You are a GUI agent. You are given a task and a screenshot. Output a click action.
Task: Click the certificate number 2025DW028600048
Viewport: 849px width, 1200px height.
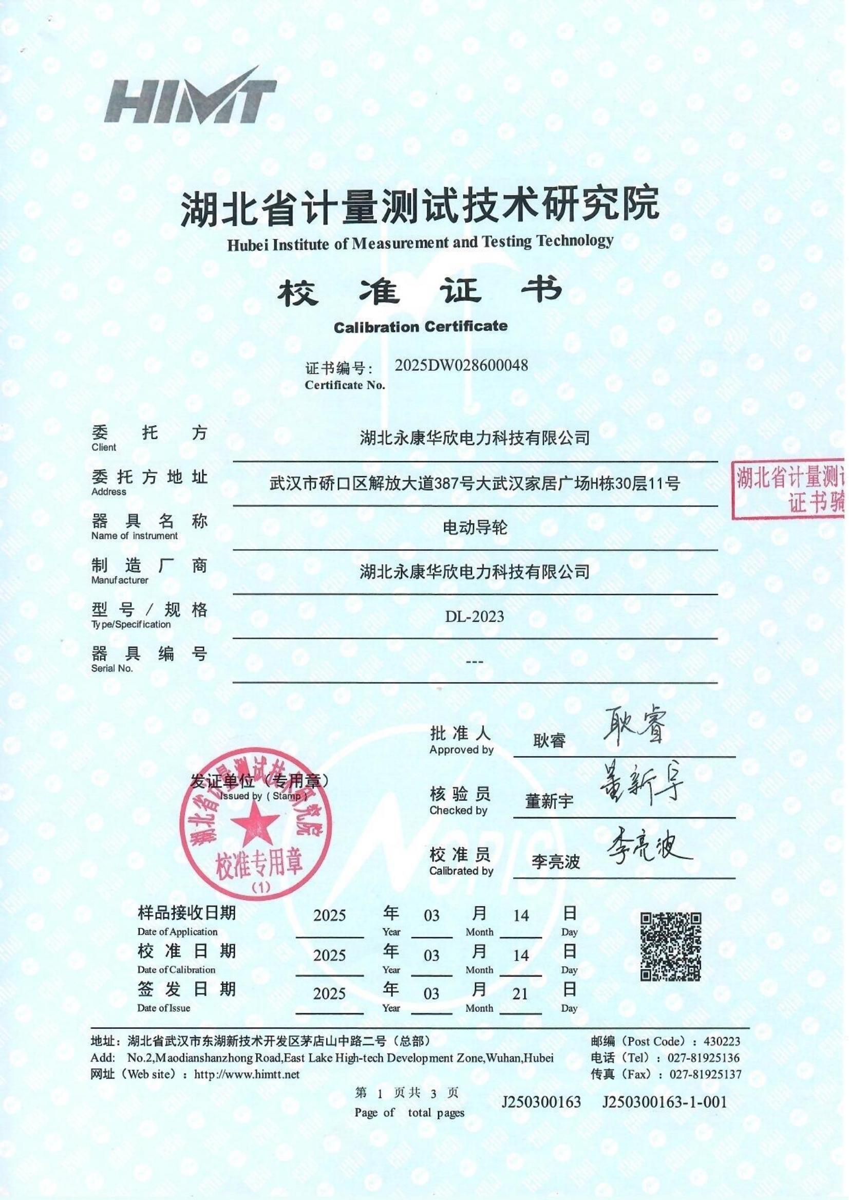pyautogui.click(x=461, y=365)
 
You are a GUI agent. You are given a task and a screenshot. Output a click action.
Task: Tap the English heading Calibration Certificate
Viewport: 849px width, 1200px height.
pyautogui.click(x=420, y=327)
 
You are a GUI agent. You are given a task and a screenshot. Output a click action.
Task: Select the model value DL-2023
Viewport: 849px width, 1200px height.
pyautogui.click(x=474, y=616)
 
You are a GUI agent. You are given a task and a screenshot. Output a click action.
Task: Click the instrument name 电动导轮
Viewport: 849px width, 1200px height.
pyautogui.click(x=475, y=528)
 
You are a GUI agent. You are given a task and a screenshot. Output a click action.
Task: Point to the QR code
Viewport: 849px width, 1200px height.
pyautogui.click(x=671, y=947)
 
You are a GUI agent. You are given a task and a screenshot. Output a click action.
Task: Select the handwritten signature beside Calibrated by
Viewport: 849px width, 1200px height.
pyautogui.click(x=648, y=846)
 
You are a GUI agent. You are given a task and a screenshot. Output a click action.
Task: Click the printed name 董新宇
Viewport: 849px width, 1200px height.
pyautogui.click(x=549, y=801)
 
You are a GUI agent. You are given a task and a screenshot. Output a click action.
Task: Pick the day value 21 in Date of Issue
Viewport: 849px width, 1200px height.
pyautogui.click(x=520, y=994)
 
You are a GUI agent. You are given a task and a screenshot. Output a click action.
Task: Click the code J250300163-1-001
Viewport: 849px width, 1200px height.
pyautogui.click(x=664, y=1103)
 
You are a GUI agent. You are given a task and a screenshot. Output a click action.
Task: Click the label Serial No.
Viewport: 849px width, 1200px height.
pyautogui.click(x=112, y=668)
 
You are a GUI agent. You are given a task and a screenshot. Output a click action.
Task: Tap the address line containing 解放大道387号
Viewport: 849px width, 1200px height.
pyautogui.click(x=474, y=484)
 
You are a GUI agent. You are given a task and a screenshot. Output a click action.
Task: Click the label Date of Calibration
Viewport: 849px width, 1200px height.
pyautogui.click(x=176, y=970)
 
